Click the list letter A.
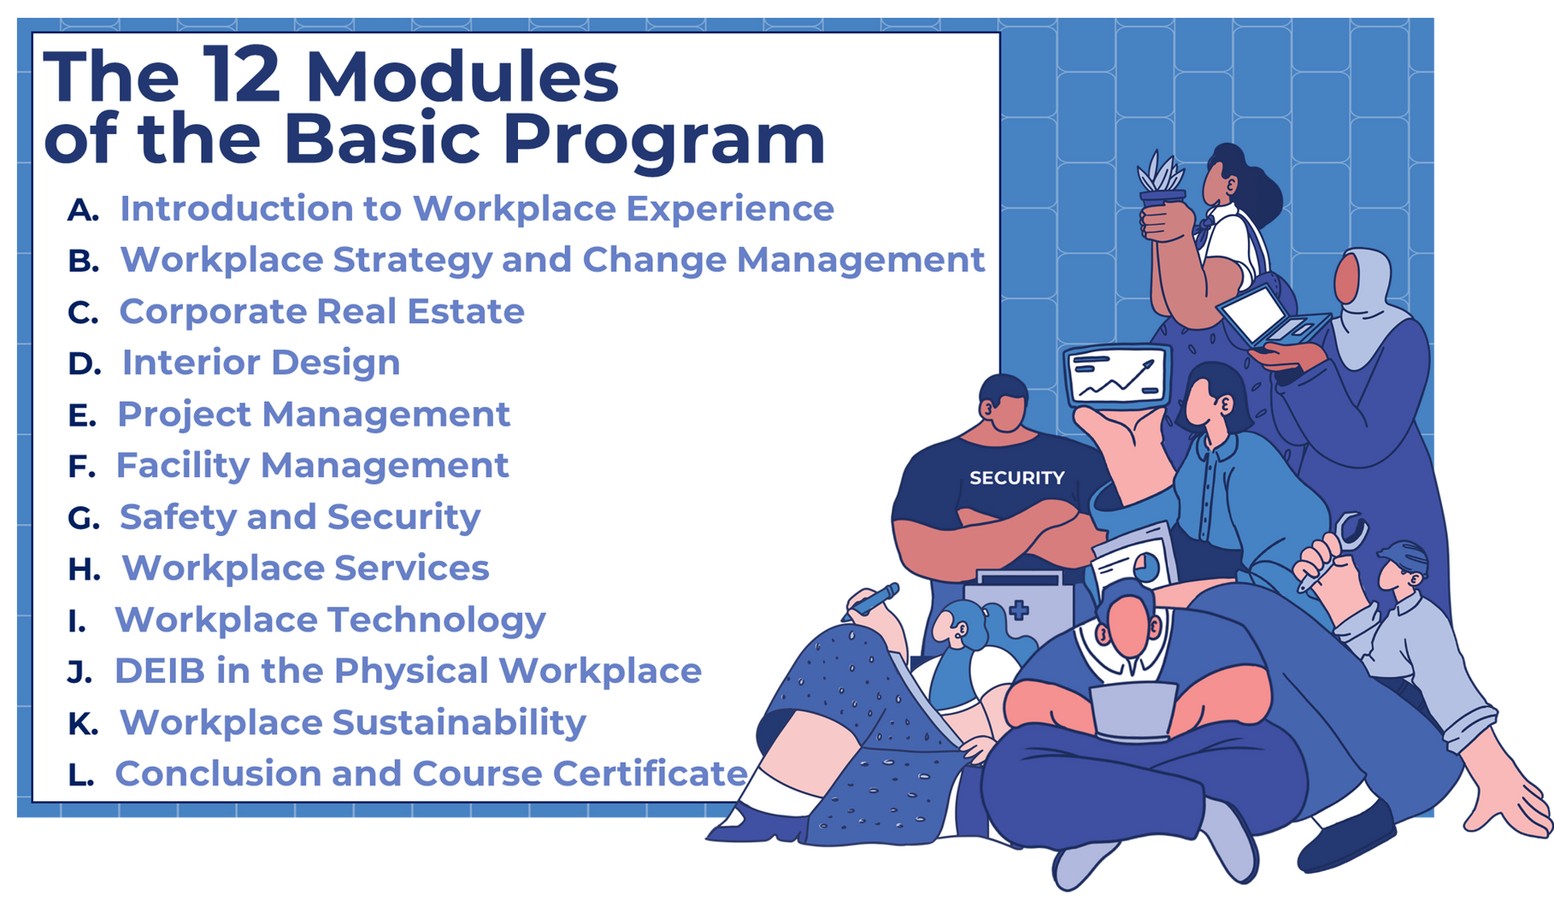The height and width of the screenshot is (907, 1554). click(x=83, y=211)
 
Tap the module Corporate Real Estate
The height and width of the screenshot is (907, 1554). click(x=322, y=312)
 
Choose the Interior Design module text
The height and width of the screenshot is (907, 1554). click(x=261, y=364)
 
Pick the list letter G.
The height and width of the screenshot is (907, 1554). click(x=83, y=518)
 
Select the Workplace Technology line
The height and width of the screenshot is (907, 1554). click(x=330, y=621)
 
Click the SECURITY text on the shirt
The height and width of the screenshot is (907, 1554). click(x=1017, y=478)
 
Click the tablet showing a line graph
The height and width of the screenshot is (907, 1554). click(x=1117, y=375)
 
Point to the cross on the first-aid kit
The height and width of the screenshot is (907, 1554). click(x=1019, y=610)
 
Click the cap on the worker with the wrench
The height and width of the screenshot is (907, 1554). click(x=1403, y=555)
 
